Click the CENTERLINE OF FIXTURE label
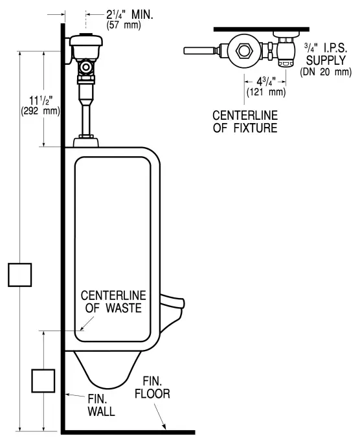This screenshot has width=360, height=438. click(x=245, y=121)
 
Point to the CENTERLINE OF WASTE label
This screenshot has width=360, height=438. click(x=114, y=301)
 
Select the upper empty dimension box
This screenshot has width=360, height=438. click(x=20, y=274)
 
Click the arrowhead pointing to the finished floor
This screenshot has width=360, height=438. click(x=167, y=427)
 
